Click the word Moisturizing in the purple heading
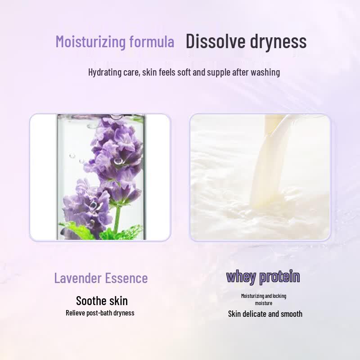(x=91, y=42)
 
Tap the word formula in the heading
(x=152, y=41)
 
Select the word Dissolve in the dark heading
(x=216, y=41)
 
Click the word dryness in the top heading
(x=278, y=41)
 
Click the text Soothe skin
(x=102, y=301)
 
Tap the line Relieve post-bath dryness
(x=100, y=313)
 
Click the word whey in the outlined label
(x=241, y=277)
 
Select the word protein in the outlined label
(x=279, y=277)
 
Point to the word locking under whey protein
(x=279, y=296)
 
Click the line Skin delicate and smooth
(x=265, y=314)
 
